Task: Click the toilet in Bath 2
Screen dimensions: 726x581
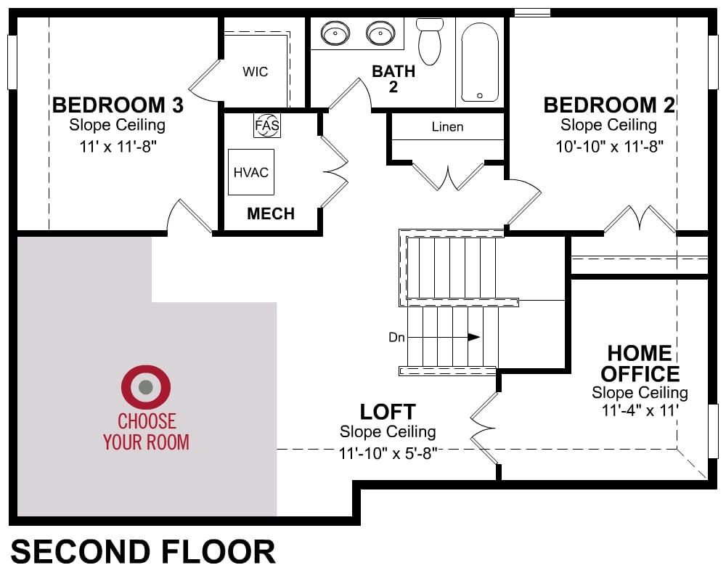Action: pos(430,41)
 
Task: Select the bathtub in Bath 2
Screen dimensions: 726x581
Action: pos(480,62)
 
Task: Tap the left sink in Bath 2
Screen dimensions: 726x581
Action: pos(335,33)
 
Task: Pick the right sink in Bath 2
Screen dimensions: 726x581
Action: pos(380,33)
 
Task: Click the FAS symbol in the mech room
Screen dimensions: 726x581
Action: pos(267,125)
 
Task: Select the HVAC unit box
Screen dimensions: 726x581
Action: pos(251,172)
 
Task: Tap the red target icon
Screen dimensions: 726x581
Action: pos(146,387)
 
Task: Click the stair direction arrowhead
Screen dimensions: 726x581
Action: pos(473,337)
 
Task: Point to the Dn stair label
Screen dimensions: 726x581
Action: pos(397,337)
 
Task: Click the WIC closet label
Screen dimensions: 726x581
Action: pos(255,72)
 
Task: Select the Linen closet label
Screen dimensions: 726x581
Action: pos(447,126)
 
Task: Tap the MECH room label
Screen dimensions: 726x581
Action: pos(271,214)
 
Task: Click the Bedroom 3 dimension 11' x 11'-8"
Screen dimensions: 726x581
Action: pos(118,147)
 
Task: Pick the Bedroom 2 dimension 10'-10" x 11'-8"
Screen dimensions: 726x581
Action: pos(609,147)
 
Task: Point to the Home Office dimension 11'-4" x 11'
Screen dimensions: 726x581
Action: pos(640,410)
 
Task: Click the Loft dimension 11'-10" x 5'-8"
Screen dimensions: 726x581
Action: pos(388,453)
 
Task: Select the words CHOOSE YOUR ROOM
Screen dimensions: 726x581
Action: pos(147,432)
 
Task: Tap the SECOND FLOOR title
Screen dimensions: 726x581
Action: pos(143,552)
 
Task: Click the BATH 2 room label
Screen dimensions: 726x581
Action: pos(393,78)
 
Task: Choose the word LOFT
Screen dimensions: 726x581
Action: pos(388,412)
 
